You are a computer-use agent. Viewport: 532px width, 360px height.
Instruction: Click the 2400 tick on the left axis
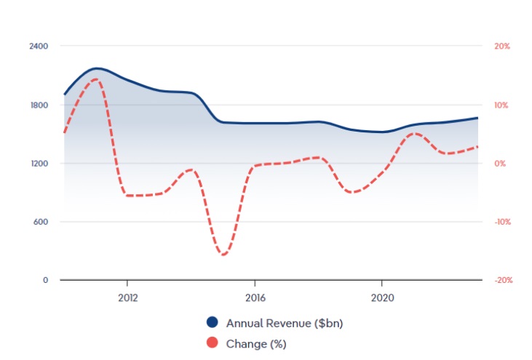39,46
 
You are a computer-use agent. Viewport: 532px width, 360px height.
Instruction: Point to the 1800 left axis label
39,105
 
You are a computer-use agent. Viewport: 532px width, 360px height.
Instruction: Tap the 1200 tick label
39,163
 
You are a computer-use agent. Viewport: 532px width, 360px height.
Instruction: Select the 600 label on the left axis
40,222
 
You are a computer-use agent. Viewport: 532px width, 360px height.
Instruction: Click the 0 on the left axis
44,280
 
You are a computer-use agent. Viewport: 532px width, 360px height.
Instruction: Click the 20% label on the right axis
502,46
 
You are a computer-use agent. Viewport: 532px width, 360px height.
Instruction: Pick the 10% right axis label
502,105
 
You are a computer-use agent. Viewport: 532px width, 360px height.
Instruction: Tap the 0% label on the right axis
501,163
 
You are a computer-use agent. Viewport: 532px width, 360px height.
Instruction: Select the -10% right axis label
501,222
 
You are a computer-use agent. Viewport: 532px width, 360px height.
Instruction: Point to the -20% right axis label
501,280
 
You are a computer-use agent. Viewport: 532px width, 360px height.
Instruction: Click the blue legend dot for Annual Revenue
213,323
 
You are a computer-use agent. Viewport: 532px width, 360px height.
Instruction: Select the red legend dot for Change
213,343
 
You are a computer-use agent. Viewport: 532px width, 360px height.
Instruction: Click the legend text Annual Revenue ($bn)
285,323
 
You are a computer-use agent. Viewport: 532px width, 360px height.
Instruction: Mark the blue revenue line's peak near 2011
97,68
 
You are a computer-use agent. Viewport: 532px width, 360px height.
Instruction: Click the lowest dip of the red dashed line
223,255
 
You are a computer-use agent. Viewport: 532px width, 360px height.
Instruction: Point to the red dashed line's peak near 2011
95,79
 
